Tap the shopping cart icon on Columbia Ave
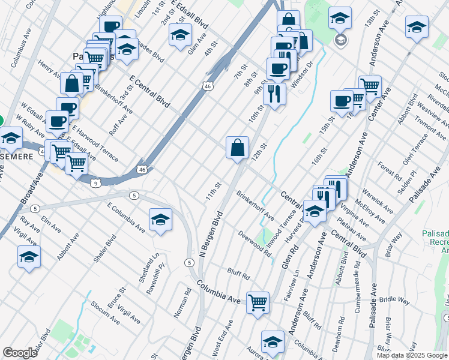point(258,302)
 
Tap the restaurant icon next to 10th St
point(274,94)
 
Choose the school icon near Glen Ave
point(179,35)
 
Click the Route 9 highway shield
point(96,183)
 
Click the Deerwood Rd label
point(255,244)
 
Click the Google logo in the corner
point(20,353)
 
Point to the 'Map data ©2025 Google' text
point(412,355)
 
